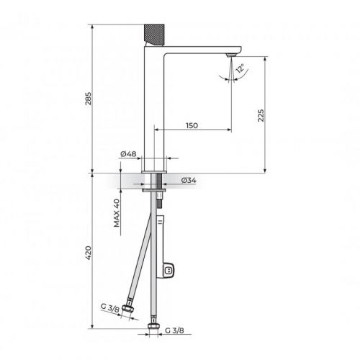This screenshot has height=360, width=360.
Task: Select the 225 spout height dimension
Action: pos(261,114)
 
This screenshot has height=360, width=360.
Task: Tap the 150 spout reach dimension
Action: pos(192,125)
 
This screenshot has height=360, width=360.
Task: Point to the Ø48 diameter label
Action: pos(129,153)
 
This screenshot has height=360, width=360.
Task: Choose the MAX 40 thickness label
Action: pos(116,214)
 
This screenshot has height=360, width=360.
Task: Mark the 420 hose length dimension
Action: pos(88,253)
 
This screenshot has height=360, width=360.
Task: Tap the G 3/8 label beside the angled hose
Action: pos(110,307)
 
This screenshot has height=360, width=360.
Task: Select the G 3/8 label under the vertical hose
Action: pos(175,330)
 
